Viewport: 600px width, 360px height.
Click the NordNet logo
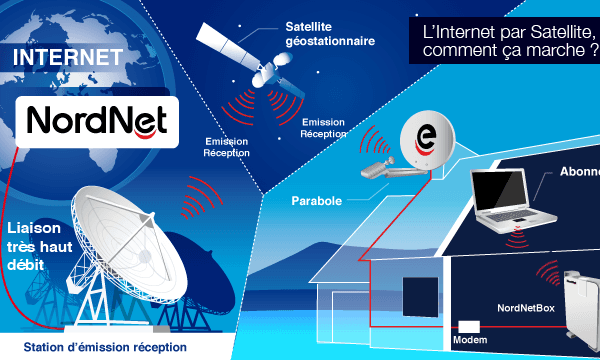89,121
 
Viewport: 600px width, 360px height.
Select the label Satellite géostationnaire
330,36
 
